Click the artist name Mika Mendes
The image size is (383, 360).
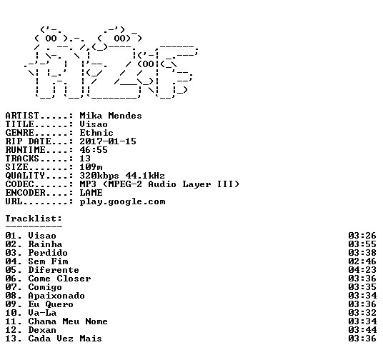[111, 116]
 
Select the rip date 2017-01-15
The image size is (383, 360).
[108, 141]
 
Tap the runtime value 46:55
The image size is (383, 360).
[94, 150]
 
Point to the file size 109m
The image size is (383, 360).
[91, 167]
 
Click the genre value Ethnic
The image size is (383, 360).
[96, 133]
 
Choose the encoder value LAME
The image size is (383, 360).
[91, 193]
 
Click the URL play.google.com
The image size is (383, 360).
[122, 202]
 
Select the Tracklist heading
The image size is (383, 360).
[34, 219]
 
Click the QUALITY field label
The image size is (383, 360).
[25, 176]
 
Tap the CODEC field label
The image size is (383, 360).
[19, 184]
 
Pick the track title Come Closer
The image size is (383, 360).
[59, 279]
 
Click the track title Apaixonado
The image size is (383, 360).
[56, 296]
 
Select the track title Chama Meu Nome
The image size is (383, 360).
[68, 321]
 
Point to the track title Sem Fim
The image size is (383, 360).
[48, 261]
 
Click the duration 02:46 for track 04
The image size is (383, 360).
[362, 261]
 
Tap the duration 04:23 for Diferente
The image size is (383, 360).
[362, 270]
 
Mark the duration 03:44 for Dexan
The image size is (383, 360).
[362, 330]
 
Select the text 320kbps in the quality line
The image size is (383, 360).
[99, 176]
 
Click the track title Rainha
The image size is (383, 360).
[45, 244]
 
